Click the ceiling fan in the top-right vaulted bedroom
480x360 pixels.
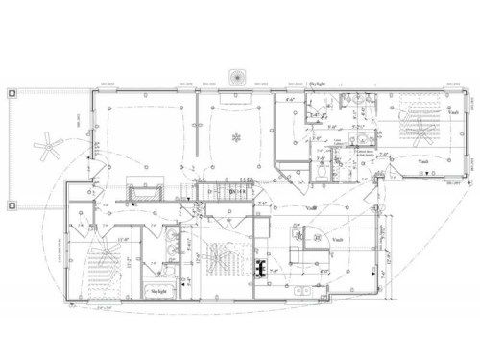[x=415, y=126]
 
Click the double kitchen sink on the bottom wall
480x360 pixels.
[x=300, y=289]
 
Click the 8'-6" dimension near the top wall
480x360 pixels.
[x=292, y=99]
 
